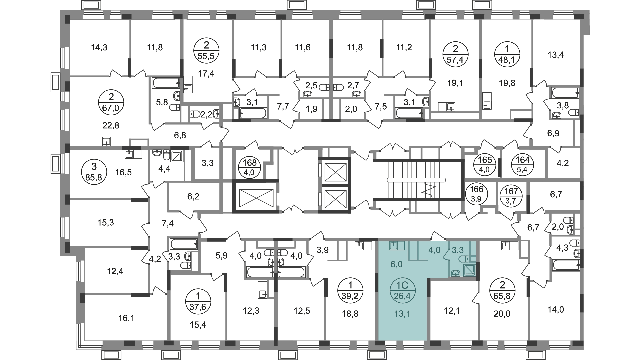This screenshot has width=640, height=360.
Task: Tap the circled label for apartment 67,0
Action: [x=111, y=103]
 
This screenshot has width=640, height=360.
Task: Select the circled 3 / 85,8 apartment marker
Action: [x=94, y=171]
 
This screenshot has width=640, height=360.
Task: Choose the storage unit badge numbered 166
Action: [x=476, y=195]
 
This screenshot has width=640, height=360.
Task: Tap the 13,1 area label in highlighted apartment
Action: [x=403, y=313]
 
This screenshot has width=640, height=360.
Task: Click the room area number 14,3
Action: [x=99, y=48]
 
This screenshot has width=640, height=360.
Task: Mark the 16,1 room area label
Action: [x=126, y=318]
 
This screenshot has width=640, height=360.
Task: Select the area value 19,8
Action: [x=507, y=83]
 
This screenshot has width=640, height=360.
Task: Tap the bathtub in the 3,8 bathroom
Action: [x=565, y=92]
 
